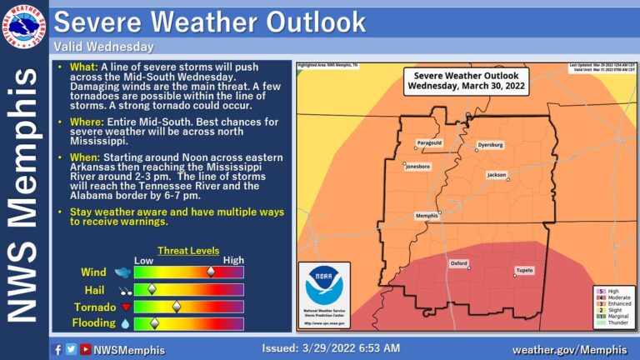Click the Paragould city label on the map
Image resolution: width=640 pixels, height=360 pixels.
[429, 142]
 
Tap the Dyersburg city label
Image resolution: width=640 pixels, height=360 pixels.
[490, 145]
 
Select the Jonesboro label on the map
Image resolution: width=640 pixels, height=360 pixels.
[418, 167]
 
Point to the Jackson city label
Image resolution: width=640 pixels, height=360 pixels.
[497, 176]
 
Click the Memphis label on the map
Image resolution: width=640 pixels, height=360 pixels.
[427, 216]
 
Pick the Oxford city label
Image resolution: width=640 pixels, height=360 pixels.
[458, 263]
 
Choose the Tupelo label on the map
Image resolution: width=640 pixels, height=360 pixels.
[523, 271]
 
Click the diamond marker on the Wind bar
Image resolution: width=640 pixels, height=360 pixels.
[211, 272]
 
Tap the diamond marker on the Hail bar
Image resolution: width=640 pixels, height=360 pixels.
[152, 289]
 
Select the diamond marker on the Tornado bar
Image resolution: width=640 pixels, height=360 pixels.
[176, 307]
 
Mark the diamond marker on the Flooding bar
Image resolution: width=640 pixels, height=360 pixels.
[154, 323]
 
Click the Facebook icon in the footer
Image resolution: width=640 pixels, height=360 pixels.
[57, 350]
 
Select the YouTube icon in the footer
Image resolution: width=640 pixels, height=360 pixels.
[85, 350]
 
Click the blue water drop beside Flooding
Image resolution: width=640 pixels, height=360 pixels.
[125, 323]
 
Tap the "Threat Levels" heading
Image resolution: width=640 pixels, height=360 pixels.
[188, 250]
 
